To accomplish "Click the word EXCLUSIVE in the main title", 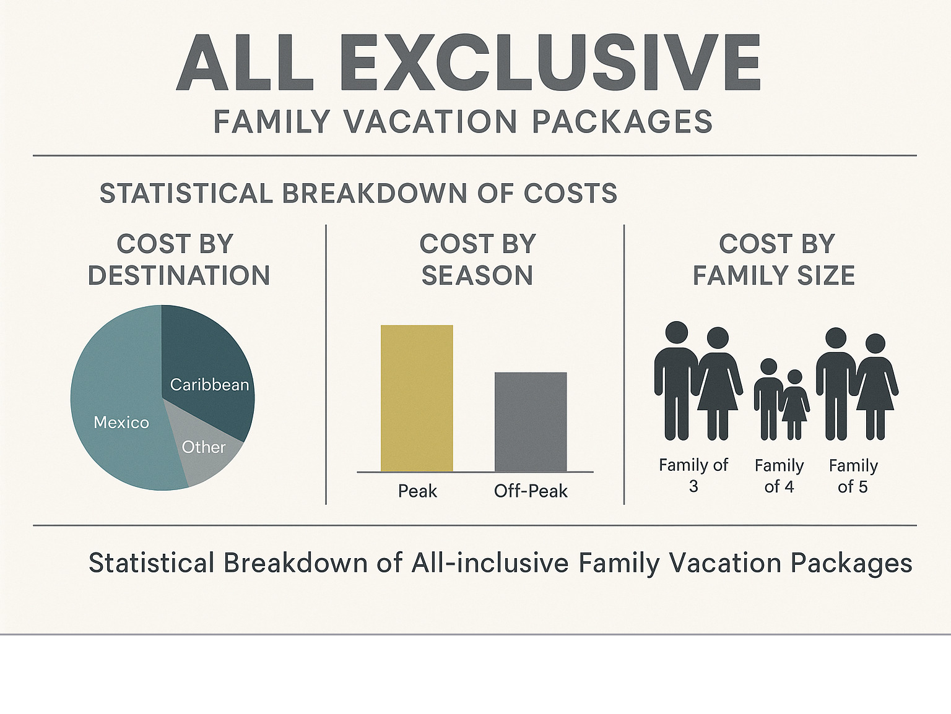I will click(x=550, y=63).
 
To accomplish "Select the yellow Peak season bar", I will click(x=417, y=398).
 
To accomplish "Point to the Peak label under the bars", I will click(x=417, y=491).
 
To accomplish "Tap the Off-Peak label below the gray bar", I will click(x=531, y=491).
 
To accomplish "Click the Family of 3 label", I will click(x=693, y=475).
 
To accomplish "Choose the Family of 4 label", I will click(x=779, y=476).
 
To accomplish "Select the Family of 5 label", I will click(x=853, y=476).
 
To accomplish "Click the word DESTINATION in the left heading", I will click(x=179, y=275).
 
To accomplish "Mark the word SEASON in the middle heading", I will click(x=477, y=275).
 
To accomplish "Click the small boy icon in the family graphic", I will click(x=768, y=399).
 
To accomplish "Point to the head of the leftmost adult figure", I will click(x=677, y=333).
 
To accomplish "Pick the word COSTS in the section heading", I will click(x=570, y=193).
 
